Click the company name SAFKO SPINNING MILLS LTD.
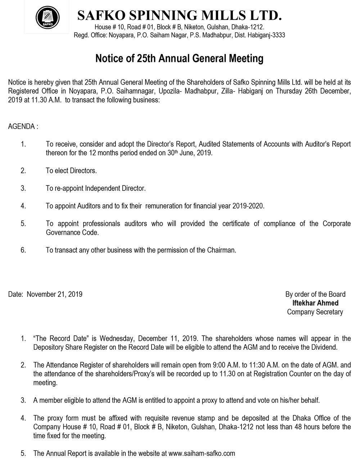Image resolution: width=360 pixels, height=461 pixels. [x=179, y=15]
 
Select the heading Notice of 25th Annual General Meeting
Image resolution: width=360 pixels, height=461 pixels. [x=179, y=58]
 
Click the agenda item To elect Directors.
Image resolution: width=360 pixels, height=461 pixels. [x=71, y=171]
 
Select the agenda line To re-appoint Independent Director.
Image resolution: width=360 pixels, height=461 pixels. [x=95, y=188]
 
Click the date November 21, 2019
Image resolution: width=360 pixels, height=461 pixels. [x=55, y=295]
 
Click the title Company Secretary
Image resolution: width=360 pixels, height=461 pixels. [x=315, y=312]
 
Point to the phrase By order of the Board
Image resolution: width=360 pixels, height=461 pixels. [x=315, y=294]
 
